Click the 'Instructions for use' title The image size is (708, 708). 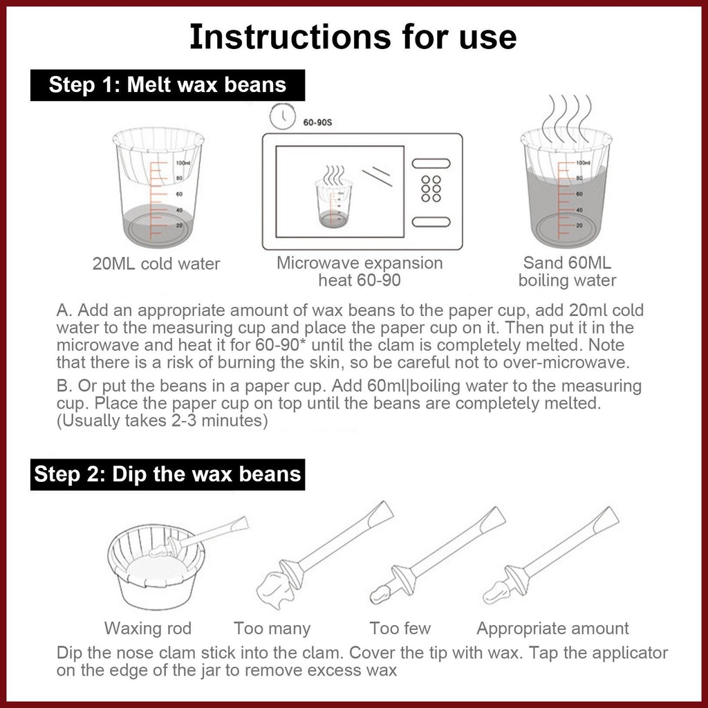pos(353,37)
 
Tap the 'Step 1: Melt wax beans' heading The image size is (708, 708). pos(167,85)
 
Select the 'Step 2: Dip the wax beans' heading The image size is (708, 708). pos(167,474)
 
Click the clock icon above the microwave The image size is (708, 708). pos(282,116)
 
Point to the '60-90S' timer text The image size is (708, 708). pos(317,122)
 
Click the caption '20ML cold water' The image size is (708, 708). pos(156,263)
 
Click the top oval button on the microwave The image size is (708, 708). pos(431,163)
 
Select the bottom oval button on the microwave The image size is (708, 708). pos(431,222)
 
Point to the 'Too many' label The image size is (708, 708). pos(272,628)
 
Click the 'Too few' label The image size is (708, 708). pos(400,628)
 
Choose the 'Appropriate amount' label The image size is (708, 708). pos(552,628)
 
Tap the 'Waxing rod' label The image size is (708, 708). pos(148,628)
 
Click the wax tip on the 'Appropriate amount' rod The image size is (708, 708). pos(496,592)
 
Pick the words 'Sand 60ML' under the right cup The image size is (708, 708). pos(567,263)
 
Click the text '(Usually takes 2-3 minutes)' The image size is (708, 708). pos(162,421)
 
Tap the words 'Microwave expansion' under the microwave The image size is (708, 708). pos(360,263)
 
